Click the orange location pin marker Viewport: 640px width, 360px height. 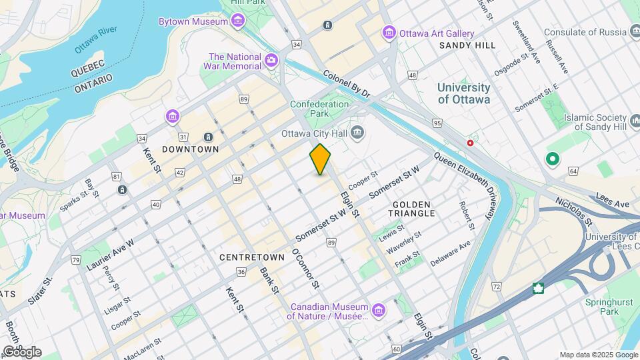[x=321, y=159]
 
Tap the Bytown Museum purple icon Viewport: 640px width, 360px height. [x=239, y=21]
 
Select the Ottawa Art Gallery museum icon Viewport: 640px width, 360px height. [x=389, y=33]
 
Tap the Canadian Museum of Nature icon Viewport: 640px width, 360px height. [x=379, y=311]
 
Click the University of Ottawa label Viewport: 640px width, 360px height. [x=463, y=93]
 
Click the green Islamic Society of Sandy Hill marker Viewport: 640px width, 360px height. [x=552, y=159]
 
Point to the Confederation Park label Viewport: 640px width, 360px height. [x=319, y=109]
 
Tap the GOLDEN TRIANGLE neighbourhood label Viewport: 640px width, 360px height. [x=413, y=208]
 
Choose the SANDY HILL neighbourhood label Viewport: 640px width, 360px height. [x=467, y=45]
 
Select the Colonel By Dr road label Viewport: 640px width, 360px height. [x=347, y=85]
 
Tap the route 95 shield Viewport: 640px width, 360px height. [x=437, y=123]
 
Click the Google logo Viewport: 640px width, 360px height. [x=21, y=352]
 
